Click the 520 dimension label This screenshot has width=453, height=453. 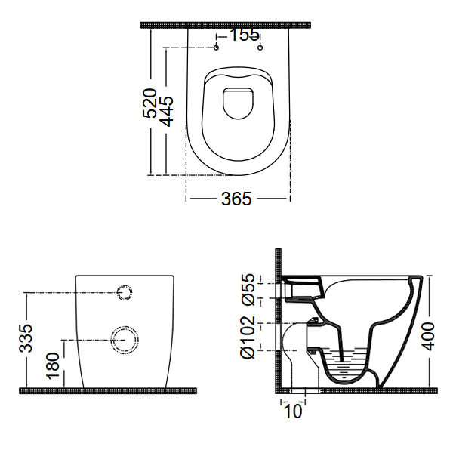tap(150, 103)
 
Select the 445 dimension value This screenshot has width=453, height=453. tap(167, 112)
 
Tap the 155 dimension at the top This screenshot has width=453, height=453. tap(244, 35)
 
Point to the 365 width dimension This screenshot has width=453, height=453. tap(236, 199)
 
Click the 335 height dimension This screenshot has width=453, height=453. tap(26, 338)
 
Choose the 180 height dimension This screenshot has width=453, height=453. tap(53, 365)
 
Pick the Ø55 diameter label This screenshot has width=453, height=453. tap(248, 289)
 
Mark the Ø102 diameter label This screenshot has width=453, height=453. tap(248, 337)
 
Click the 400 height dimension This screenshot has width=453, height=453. tap(428, 336)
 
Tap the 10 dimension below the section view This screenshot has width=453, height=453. tap(293, 411)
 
